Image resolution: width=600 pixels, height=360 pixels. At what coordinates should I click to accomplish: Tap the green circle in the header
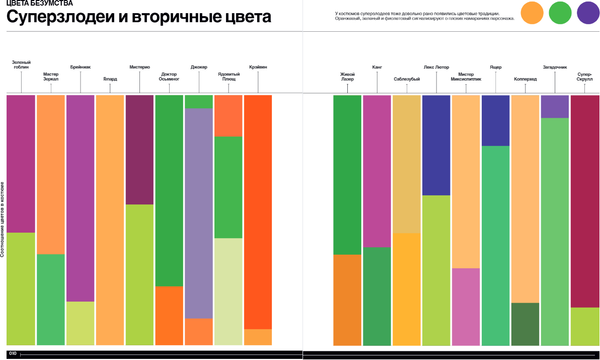[x=560, y=13]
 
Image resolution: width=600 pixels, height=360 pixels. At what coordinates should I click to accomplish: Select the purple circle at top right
[x=587, y=13]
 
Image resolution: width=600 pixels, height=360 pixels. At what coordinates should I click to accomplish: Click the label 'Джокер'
[x=199, y=68]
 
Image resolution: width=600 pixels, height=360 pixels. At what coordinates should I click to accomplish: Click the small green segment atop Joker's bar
[x=199, y=101]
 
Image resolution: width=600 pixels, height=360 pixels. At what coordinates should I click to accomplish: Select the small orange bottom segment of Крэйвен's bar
[x=258, y=336]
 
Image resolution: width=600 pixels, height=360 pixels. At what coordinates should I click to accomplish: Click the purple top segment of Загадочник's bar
[x=555, y=106]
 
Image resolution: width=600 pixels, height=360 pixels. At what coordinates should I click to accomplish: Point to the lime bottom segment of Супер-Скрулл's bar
[x=584, y=325]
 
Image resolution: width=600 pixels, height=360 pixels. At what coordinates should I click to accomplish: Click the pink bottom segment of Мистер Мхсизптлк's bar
[x=466, y=306]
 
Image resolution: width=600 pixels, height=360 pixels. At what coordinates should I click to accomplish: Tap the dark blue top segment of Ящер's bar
[x=495, y=120]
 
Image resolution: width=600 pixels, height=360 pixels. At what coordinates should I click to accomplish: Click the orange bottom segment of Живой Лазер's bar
[x=347, y=299]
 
